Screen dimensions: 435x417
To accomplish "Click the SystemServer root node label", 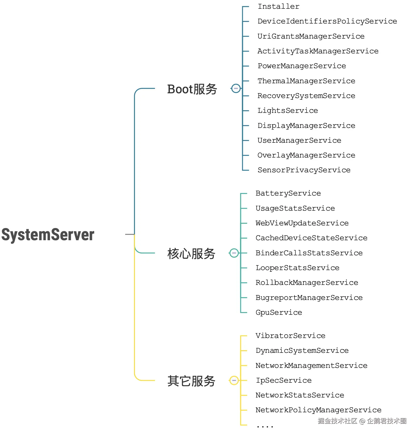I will [x=48, y=235].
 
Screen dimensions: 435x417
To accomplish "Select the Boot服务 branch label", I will [x=192, y=89].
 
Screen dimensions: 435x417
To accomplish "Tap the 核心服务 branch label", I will [x=191, y=254].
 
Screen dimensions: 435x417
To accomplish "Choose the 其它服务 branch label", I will [x=191, y=381].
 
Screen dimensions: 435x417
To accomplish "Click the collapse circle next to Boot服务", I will [x=236, y=88].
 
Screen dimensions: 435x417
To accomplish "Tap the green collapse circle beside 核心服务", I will [x=234, y=253].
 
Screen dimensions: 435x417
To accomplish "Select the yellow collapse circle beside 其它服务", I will [x=234, y=380].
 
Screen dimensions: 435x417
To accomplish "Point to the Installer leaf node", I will [x=278, y=7].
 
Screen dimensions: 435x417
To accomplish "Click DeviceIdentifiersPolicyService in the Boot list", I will [x=327, y=21].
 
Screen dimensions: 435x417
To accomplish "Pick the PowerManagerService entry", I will [x=302, y=66].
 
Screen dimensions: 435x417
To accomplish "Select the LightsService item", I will [x=288, y=110].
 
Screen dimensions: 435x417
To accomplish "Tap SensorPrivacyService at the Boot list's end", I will [x=304, y=170].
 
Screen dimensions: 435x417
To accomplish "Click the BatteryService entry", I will [x=288, y=193].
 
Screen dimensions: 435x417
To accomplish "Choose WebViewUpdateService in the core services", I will [x=302, y=223].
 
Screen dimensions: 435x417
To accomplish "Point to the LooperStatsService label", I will [x=297, y=268].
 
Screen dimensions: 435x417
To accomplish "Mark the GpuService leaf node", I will [x=279, y=312].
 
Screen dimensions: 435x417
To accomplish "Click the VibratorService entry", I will [x=290, y=336].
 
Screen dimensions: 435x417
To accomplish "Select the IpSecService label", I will [x=283, y=380].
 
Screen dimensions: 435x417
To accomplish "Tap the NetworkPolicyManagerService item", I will [x=318, y=410].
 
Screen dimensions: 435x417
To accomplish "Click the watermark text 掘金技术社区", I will [x=337, y=421].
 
